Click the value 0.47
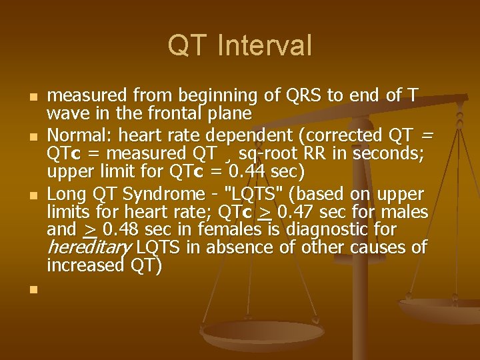[298, 212]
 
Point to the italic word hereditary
[89, 248]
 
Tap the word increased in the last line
[85, 265]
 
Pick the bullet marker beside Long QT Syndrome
[31, 195]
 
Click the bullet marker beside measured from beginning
[31, 97]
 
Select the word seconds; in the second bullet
[393, 154]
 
